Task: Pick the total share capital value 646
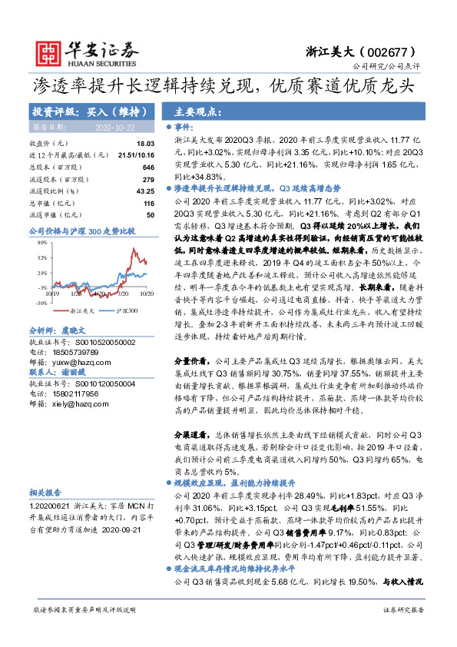pyautogui.click(x=149, y=167)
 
